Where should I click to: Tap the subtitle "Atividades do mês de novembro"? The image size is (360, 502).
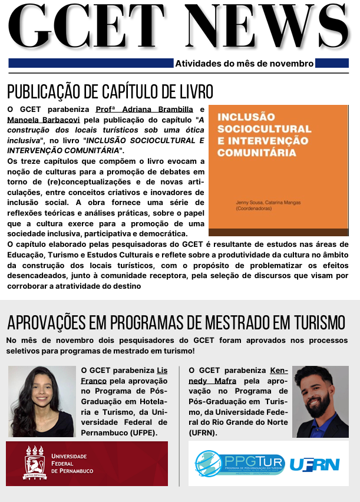pyautogui.click(x=245, y=64)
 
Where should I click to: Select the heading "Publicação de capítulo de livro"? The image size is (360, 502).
pyautogui.click(x=110, y=92)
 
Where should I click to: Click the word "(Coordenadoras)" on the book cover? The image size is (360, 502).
pyautogui.click(x=251, y=209)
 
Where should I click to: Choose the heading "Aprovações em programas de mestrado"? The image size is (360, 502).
pyautogui.click(x=176, y=323)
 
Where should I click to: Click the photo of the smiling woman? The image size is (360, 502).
pyautogui.click(x=41, y=402)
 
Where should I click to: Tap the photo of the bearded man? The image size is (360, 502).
pyautogui.click(x=320, y=402)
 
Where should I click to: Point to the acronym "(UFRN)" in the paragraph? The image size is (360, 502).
pyautogui.click(x=203, y=433)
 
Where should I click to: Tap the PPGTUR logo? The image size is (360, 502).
pyautogui.click(x=240, y=464)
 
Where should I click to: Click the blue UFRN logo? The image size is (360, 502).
pyautogui.click(x=315, y=464)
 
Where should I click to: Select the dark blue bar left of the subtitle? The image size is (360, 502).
pyautogui.click(x=91, y=63)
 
